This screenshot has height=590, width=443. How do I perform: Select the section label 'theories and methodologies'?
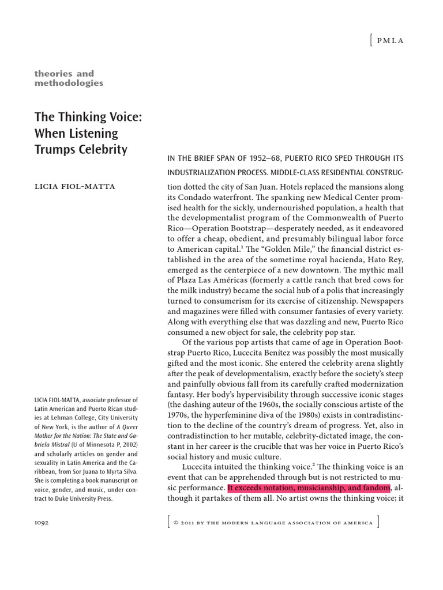point(69,78)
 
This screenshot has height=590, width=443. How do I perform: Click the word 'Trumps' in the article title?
point(58,149)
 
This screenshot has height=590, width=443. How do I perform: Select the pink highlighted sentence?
point(309,487)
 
